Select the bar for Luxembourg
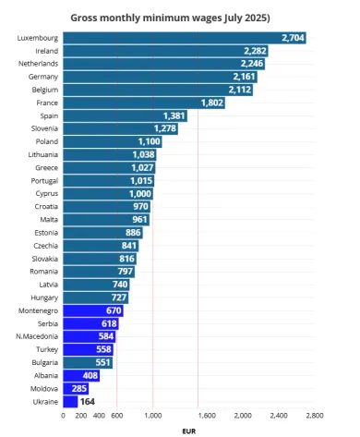click(x=185, y=37)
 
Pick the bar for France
click(x=144, y=103)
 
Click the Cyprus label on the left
click(x=44, y=194)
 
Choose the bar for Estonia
click(x=102, y=233)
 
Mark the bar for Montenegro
click(x=93, y=311)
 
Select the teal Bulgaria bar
click(x=88, y=363)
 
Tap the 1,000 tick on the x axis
click(x=153, y=416)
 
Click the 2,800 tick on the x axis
click(x=315, y=416)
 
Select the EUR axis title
click(x=189, y=431)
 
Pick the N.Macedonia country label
click(x=40, y=337)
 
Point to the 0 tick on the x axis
click(x=64, y=416)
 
